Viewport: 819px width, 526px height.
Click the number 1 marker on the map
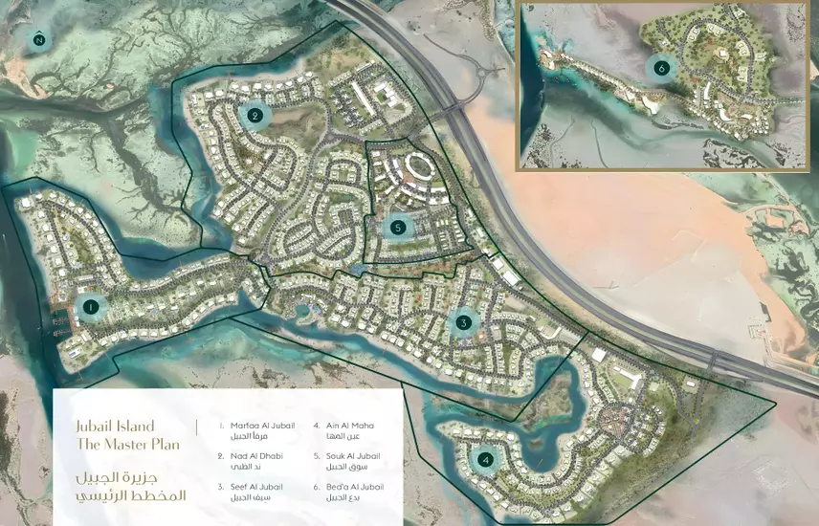91,307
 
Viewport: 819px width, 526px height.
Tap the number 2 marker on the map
255,117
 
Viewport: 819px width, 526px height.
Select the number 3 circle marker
463,323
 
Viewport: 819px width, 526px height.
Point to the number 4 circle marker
486,460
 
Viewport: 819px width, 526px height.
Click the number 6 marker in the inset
659,67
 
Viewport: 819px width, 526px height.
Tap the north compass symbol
38,39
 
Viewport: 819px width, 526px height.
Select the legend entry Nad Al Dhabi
255,455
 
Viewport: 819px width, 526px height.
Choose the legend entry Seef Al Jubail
255,486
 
